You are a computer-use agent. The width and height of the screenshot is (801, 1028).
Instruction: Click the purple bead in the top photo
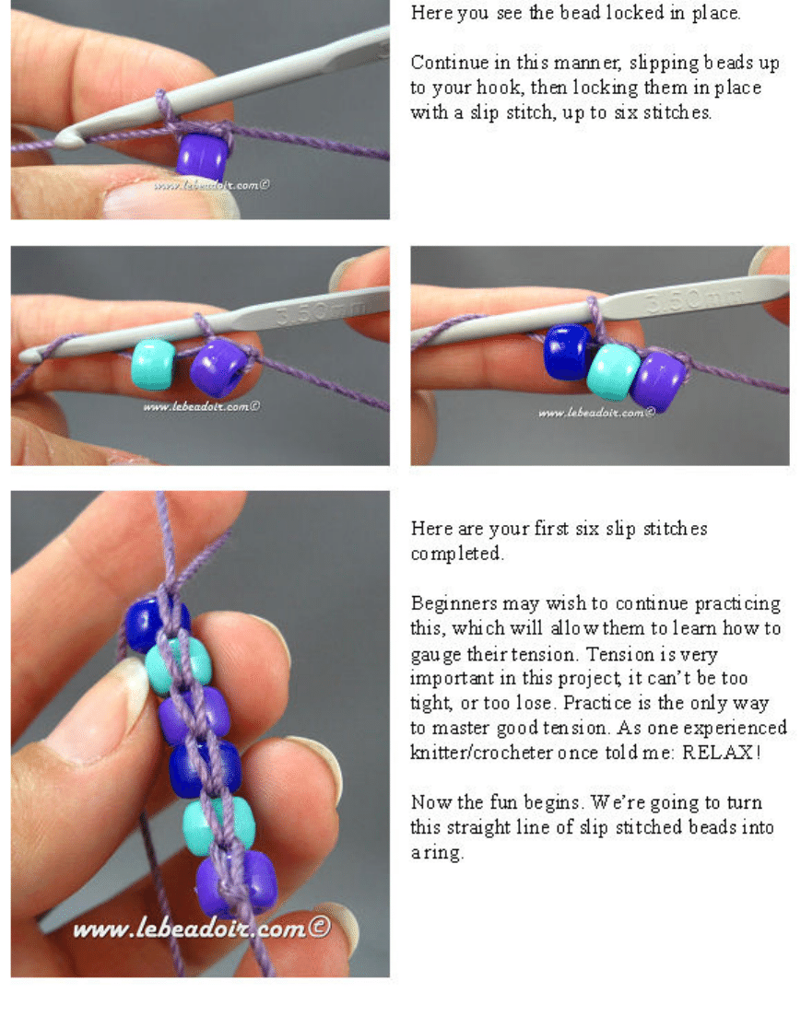(x=203, y=156)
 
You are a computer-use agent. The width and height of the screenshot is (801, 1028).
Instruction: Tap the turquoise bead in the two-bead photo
(x=154, y=365)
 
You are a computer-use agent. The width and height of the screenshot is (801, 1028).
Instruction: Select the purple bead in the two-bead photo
(x=218, y=368)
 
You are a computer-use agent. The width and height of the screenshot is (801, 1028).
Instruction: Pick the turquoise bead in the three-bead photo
(x=613, y=372)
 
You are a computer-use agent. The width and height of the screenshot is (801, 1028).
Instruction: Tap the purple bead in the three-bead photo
(x=658, y=381)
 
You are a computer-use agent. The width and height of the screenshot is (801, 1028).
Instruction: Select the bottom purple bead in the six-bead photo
(x=237, y=883)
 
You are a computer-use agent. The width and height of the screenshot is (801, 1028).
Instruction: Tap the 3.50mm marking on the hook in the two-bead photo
(x=322, y=310)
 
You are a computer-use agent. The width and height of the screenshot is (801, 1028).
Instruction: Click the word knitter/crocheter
(x=481, y=752)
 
